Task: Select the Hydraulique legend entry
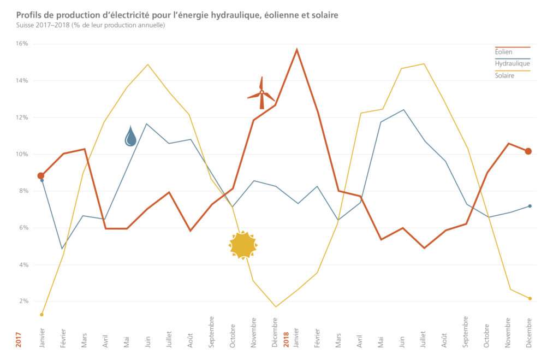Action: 512,63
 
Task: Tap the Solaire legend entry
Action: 504,75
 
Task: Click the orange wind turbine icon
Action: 261,93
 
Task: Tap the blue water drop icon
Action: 130,136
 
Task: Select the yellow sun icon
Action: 243,245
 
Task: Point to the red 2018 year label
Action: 286,334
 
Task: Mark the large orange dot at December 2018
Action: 528,151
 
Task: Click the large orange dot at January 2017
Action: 41,175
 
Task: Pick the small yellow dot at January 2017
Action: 41,315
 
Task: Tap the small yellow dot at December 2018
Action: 530,298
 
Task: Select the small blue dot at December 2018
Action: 530,206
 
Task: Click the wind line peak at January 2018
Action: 296,50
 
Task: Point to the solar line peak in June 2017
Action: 148,64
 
